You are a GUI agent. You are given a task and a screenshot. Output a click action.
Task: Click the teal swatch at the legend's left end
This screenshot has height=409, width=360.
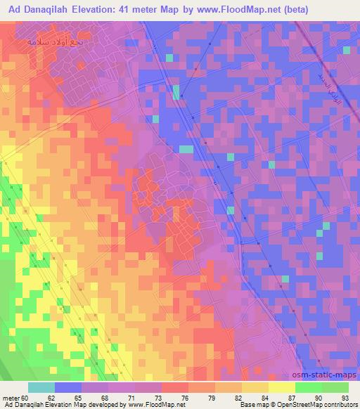pyautogui.click(x=41, y=387)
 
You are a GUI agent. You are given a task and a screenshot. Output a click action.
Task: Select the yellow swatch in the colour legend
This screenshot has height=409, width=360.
pyautogui.click(x=282, y=387)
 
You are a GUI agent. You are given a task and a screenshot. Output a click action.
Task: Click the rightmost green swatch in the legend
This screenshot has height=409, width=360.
pyautogui.click(x=335, y=387)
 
